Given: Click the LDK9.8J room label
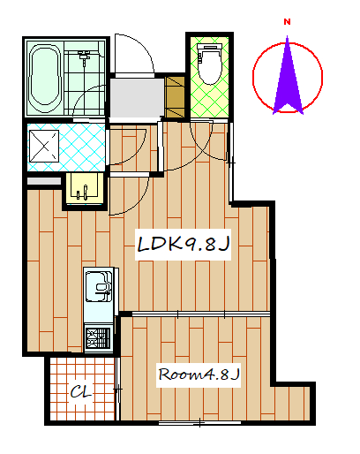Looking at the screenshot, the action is [x=183, y=245].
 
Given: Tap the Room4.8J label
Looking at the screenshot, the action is [x=199, y=375].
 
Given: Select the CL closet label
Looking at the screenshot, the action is [x=81, y=392].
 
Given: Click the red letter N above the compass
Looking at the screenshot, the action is [x=287, y=22].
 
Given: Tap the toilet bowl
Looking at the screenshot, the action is [x=209, y=64].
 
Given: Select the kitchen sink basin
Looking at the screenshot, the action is [x=99, y=286].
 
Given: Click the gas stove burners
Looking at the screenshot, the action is [x=99, y=337].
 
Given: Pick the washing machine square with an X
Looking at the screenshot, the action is [x=44, y=146].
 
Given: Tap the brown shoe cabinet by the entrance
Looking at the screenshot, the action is [x=175, y=97].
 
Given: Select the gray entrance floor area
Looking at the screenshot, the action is [x=137, y=98].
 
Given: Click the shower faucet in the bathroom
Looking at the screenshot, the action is [x=85, y=57].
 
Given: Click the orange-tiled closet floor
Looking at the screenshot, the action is [x=82, y=389].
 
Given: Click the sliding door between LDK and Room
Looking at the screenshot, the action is [x=201, y=314].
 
